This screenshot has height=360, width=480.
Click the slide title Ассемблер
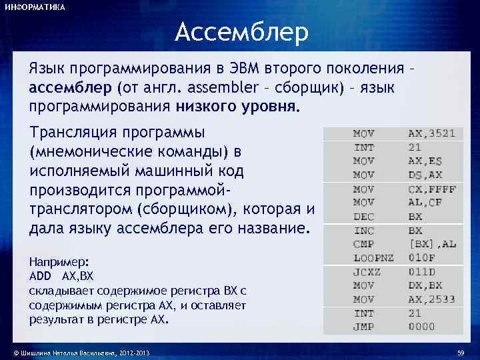click(x=242, y=32)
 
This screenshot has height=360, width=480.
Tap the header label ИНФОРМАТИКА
click(x=35, y=7)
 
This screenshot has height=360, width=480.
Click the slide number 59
click(x=460, y=352)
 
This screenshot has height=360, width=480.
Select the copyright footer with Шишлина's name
click(x=77, y=352)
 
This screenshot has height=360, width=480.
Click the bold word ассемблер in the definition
click(x=71, y=87)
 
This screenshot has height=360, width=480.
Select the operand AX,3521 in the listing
click(x=431, y=133)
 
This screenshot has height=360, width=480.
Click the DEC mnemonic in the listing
click(x=363, y=217)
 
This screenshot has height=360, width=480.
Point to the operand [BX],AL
click(x=432, y=244)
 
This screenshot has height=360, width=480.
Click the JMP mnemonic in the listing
click(x=363, y=326)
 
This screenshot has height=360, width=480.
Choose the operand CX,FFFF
click(x=432, y=189)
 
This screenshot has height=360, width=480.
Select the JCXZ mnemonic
click(x=367, y=271)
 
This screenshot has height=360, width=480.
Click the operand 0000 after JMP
click(x=421, y=326)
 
